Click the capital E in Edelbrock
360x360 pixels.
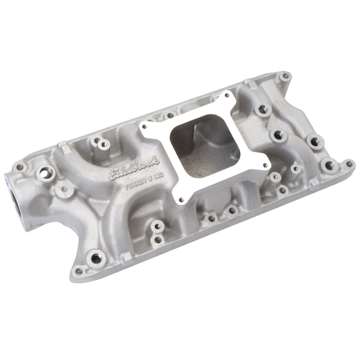point(114,176)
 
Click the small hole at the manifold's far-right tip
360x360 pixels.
point(349,165)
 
